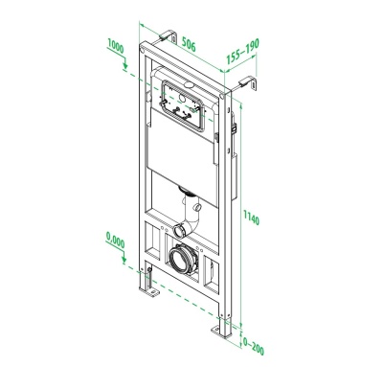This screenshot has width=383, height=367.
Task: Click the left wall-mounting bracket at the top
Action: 171,38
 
